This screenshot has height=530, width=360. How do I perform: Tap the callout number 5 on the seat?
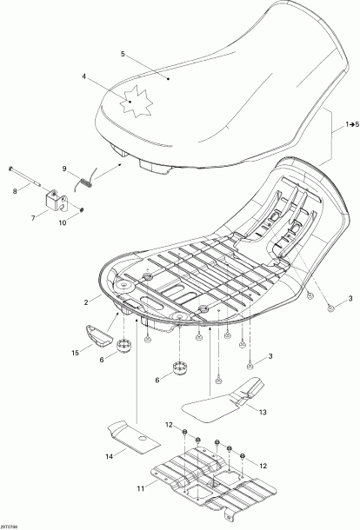[x=123, y=54]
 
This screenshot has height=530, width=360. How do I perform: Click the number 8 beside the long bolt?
[x=14, y=190]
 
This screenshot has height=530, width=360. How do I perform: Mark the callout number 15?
[x=76, y=352]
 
